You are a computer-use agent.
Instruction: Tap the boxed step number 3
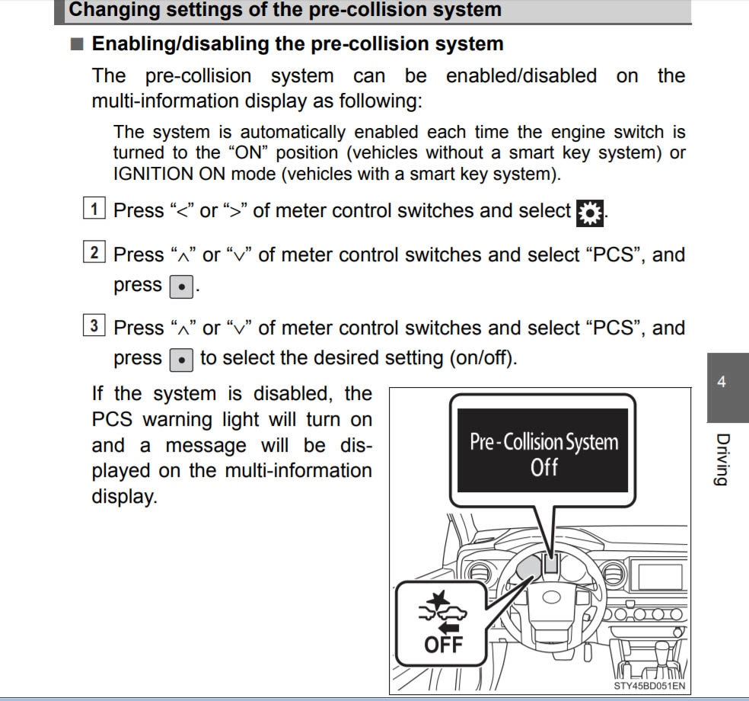point(94,326)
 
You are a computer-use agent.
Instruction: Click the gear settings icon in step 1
point(589,211)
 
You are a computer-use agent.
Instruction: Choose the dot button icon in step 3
point(180,358)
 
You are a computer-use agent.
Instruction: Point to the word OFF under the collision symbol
point(442,644)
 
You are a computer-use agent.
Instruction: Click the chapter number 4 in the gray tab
point(722,383)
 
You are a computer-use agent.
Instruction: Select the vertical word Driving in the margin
point(722,459)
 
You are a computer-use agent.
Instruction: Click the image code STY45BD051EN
point(649,686)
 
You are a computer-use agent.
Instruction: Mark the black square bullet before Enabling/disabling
point(76,44)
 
